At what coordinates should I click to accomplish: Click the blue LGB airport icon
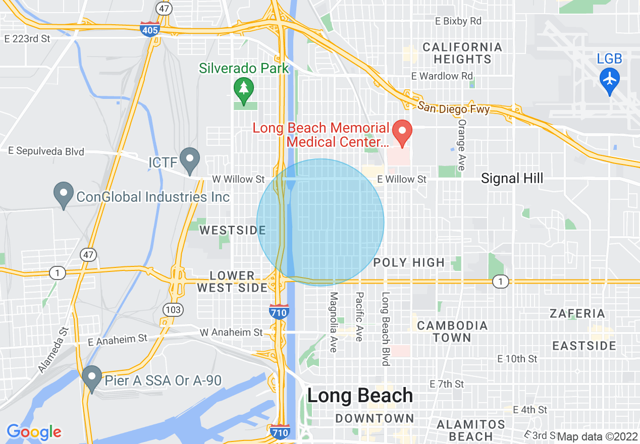click(x=610, y=79)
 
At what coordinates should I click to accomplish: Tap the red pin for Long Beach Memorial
click(x=402, y=132)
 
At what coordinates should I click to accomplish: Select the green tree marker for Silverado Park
click(x=244, y=88)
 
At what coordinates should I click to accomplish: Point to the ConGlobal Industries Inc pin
click(x=64, y=194)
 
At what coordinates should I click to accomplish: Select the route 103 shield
click(x=173, y=309)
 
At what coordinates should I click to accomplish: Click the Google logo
click(x=34, y=432)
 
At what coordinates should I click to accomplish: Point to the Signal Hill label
click(x=512, y=178)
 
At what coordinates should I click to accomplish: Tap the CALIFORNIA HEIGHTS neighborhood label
click(x=462, y=53)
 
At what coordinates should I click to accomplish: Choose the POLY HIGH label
click(x=409, y=262)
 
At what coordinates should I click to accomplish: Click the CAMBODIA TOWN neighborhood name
click(x=452, y=331)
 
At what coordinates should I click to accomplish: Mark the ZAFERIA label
click(x=577, y=313)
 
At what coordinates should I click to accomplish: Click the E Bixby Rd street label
click(x=458, y=21)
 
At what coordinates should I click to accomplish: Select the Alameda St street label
click(x=52, y=350)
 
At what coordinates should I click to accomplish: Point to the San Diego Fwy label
click(x=453, y=107)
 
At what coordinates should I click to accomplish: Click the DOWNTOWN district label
click(x=375, y=418)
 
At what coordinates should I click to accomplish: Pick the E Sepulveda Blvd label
click(x=46, y=151)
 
